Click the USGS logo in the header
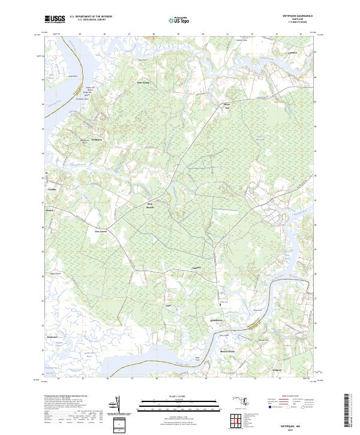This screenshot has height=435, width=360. coord(55,19)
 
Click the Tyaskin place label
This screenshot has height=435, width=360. coord(52,189)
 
